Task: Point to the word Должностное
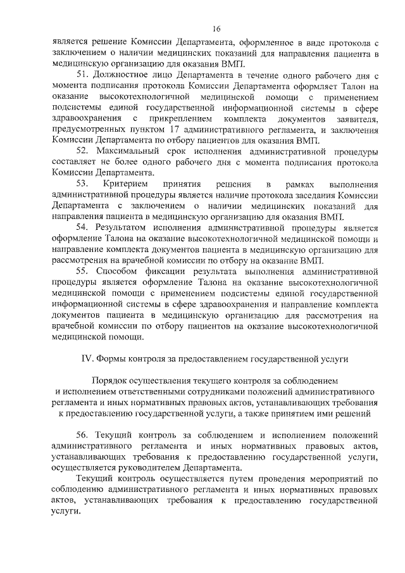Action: coord(124,75)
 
